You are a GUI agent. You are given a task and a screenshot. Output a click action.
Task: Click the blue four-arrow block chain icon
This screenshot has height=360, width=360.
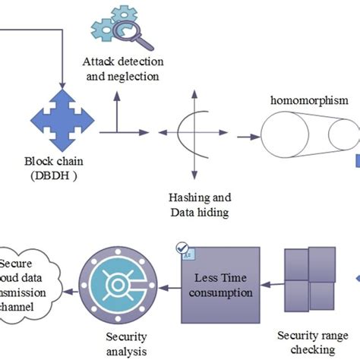pos(62,118)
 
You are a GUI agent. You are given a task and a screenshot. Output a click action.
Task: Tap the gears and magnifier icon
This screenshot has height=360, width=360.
pos(116,26)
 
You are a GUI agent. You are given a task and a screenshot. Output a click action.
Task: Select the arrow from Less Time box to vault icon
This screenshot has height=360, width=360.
pos(167,288)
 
